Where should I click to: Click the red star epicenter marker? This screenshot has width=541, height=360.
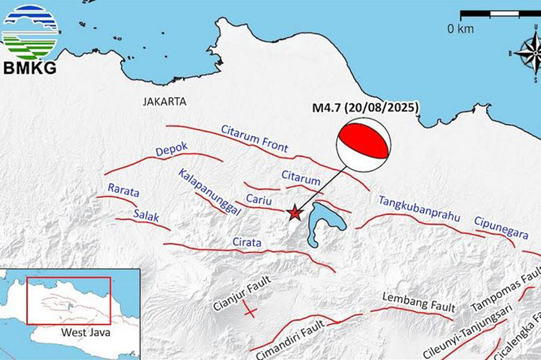294,213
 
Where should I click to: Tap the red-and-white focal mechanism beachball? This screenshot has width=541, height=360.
364,145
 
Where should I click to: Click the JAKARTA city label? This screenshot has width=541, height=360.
165,102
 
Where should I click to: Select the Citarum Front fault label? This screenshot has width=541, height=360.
255,139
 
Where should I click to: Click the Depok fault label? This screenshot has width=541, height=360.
172,150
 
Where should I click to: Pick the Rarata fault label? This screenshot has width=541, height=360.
123,190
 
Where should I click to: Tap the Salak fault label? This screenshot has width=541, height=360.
146,214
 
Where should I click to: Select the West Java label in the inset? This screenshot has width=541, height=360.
80,333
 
